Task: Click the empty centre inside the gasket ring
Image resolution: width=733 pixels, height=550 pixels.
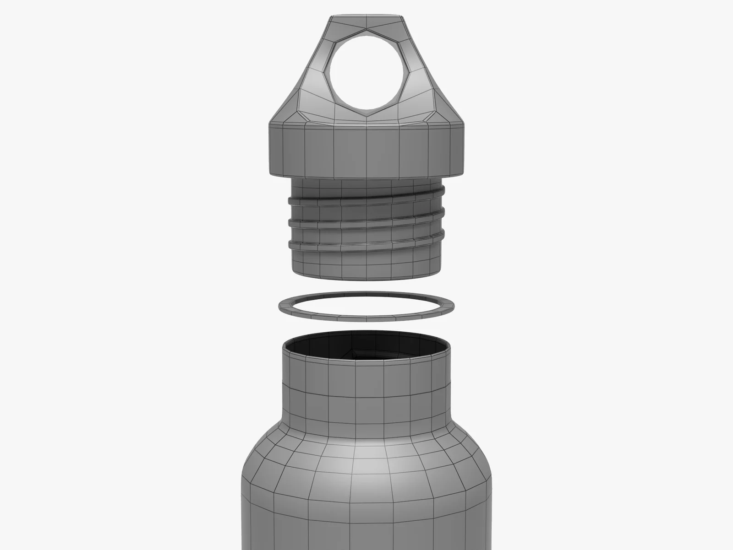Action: (366, 303)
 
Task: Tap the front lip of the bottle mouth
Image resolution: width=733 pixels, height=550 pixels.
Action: (366, 361)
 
